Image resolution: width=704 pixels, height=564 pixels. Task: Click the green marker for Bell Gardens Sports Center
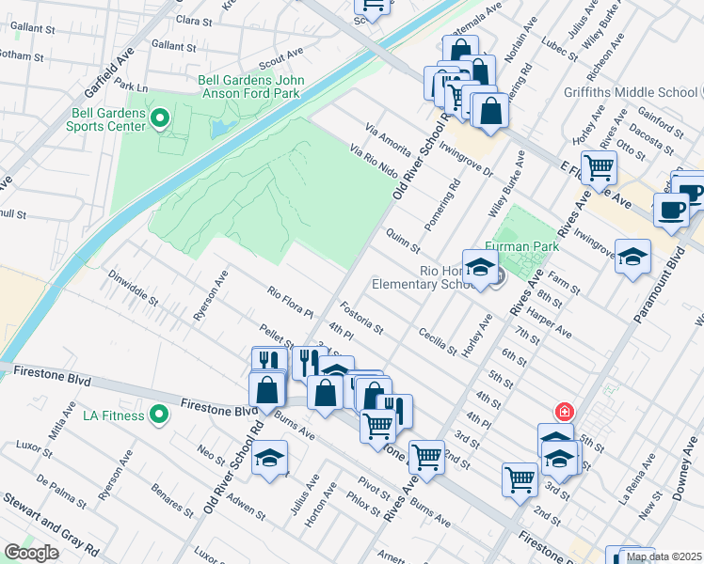tap(159, 118)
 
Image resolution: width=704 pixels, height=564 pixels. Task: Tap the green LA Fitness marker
tap(159, 414)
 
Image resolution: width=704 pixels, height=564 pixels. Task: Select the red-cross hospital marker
tap(565, 412)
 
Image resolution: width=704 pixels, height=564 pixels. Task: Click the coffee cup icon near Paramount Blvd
tap(671, 211)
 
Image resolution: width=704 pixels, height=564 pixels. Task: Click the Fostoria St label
tap(362, 317)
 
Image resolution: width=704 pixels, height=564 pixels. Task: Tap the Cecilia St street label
tap(439, 340)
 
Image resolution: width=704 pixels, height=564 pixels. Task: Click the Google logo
tap(31, 553)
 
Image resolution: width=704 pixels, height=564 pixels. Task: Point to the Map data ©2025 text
tap(664, 556)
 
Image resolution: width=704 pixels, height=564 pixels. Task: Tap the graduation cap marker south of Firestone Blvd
tap(270, 458)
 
